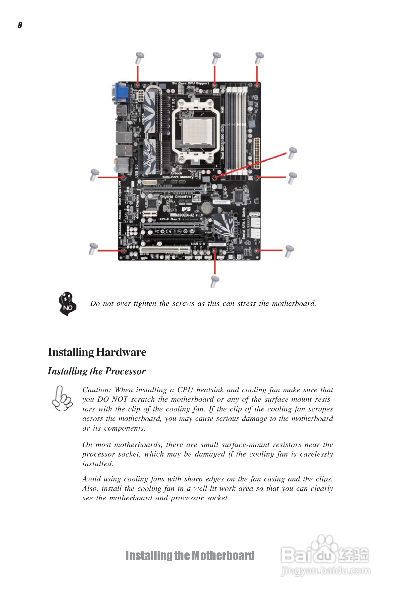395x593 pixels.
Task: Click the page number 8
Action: coord(20,25)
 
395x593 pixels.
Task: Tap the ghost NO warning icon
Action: coord(67,304)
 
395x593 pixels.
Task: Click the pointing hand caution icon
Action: coord(62,398)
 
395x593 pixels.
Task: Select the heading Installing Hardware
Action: coord(97,352)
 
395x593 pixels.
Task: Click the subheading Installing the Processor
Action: coord(97,371)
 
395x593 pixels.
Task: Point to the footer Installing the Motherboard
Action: coord(190,556)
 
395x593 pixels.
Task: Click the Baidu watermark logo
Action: coord(325,554)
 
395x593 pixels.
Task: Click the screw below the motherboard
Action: coord(215,281)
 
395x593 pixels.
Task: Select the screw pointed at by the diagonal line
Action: coord(292,153)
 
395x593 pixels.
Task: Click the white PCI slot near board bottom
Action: coord(165,250)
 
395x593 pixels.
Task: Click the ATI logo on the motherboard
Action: coord(196,198)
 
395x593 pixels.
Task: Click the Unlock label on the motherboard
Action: coord(176,173)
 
